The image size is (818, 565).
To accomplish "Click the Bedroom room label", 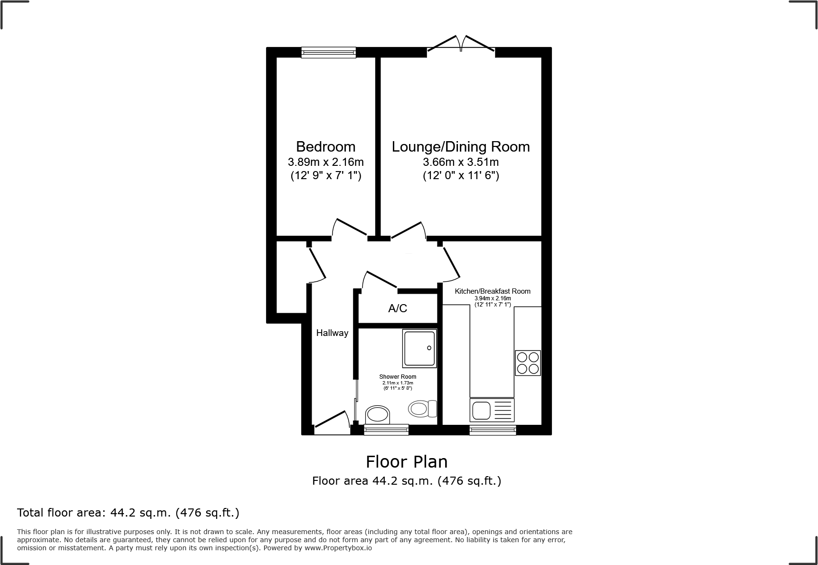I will (325, 146).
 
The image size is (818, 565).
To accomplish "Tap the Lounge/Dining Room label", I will (460, 146).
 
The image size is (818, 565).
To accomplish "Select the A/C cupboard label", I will (398, 308).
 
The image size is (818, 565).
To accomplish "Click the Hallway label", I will (332, 333).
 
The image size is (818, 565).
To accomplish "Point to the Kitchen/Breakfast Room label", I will (493, 291).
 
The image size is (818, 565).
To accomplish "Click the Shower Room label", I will (398, 376).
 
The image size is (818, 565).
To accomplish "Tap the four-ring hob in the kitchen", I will (528, 363).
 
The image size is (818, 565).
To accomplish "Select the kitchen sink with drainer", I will (492, 410).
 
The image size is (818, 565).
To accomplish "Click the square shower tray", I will (419, 348).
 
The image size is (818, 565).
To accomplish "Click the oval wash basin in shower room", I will (378, 414).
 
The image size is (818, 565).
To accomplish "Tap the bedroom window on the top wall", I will (328, 52).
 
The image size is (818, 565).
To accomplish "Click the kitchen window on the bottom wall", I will (493, 430).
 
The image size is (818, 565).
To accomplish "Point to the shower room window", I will (386, 430).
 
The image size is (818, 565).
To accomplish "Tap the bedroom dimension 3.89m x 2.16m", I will (325, 162).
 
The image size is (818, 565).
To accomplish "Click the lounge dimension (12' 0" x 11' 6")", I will (460, 176).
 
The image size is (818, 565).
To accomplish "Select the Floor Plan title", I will (406, 461).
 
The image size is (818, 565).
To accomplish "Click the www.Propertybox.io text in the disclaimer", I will (338, 548).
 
